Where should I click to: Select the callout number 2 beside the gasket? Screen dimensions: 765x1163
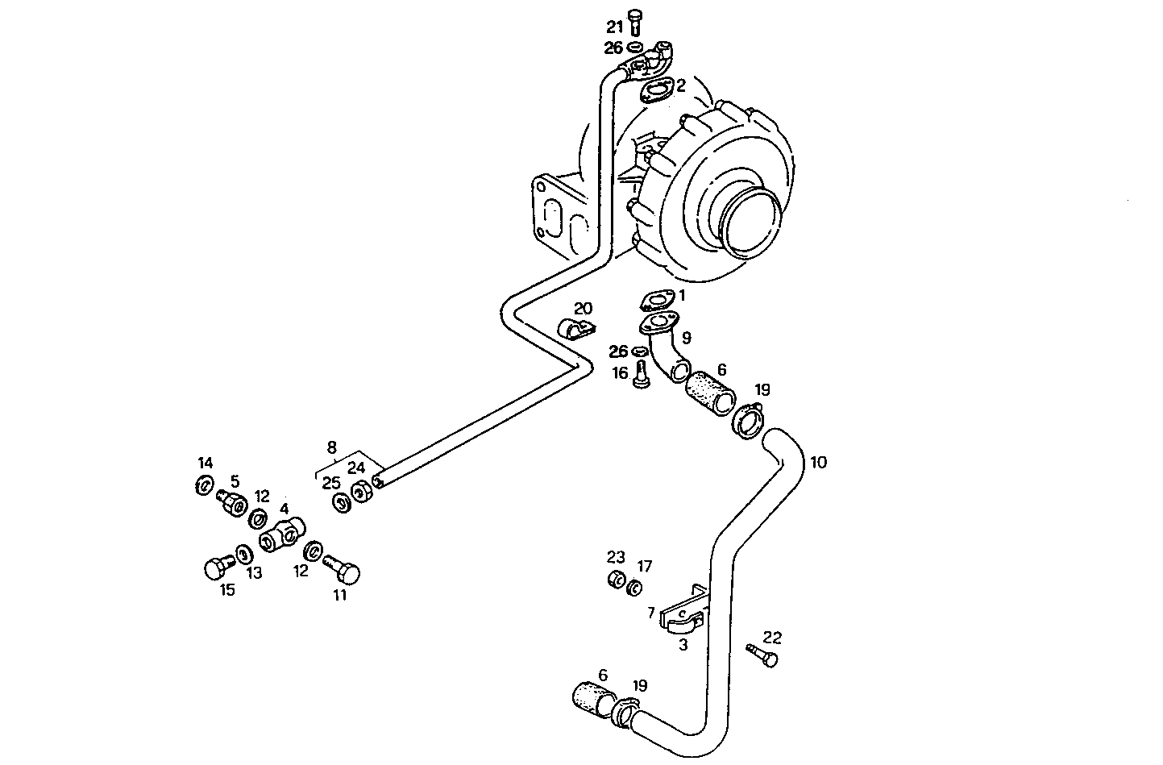[x=681, y=85]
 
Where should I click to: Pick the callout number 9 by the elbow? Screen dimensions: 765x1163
[x=686, y=337]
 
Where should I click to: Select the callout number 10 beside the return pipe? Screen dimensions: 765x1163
[x=818, y=462]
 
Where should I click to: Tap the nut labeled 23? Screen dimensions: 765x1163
[x=617, y=580]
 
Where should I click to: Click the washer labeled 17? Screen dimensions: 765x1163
[x=635, y=588]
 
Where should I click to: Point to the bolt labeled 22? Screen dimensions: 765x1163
[x=762, y=655]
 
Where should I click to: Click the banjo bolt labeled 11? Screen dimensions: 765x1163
[x=342, y=570]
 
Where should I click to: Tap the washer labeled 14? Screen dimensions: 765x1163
[x=204, y=486]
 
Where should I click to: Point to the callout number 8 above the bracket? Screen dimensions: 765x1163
[x=331, y=447]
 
